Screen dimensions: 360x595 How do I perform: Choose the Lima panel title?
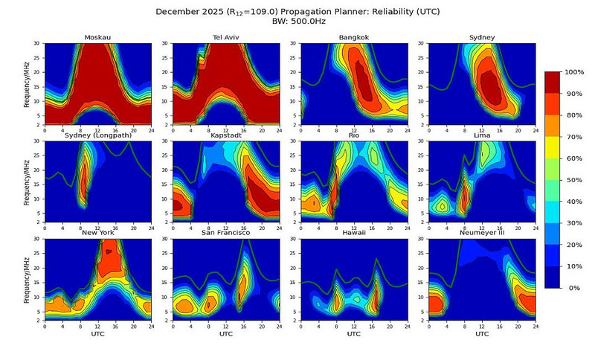(483, 137)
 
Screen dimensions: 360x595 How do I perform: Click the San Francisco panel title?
(225, 234)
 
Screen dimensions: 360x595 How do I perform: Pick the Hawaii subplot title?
(354, 234)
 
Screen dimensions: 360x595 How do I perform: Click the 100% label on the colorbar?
(575, 72)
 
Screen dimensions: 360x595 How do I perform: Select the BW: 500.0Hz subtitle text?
(297, 22)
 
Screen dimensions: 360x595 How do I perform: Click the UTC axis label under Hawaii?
(354, 334)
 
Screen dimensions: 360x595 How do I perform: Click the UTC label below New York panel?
(97, 334)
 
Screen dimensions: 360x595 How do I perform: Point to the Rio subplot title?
(354, 137)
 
